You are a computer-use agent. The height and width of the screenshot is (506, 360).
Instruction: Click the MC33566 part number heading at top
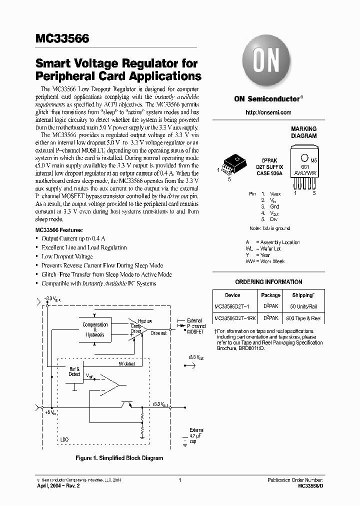point(62,38)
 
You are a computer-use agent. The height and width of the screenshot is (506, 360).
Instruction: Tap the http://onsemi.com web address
point(268,112)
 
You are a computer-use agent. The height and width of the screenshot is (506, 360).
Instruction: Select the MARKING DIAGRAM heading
point(303,132)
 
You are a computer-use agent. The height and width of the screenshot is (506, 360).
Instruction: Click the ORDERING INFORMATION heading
point(268,282)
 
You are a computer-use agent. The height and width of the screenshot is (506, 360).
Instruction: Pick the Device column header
point(232,295)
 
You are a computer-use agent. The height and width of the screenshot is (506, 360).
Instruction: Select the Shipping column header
point(303,295)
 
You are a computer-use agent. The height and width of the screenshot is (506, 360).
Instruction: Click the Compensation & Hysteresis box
point(94,329)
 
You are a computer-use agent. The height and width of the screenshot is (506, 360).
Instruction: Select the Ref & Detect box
point(74,371)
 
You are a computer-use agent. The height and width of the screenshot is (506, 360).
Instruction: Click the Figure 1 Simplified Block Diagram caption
point(119,457)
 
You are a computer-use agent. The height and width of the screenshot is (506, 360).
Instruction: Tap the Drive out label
point(158,333)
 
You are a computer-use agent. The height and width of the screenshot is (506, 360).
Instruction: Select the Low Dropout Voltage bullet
point(67,256)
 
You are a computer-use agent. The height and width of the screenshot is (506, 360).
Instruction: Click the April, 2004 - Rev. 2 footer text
point(58,485)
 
